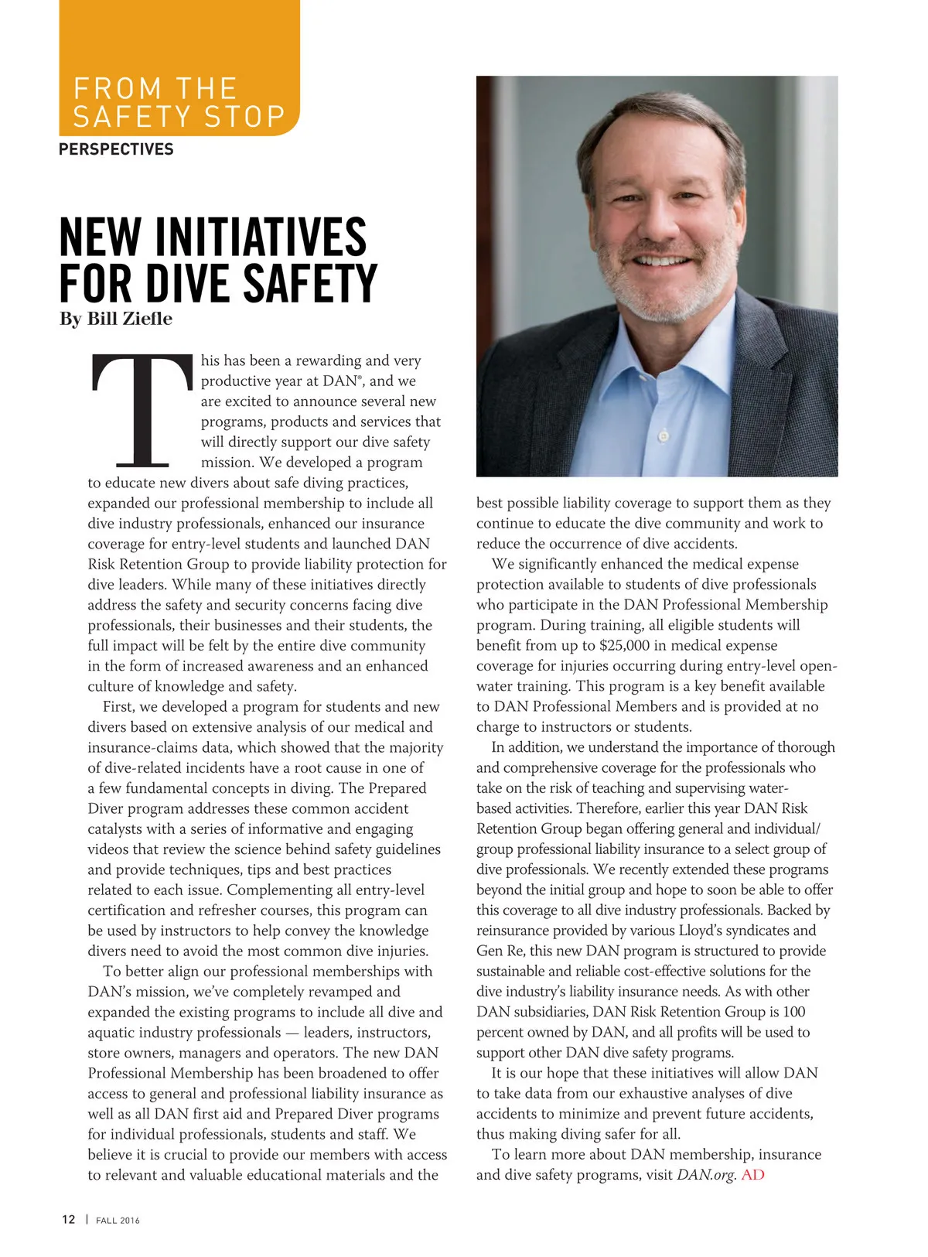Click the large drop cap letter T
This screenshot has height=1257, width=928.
pyautogui.click(x=142, y=411)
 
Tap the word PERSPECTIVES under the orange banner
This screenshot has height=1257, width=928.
pyautogui.click(x=116, y=149)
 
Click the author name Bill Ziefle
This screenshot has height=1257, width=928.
pyautogui.click(x=129, y=319)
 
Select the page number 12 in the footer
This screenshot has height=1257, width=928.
pyautogui.click(x=69, y=1219)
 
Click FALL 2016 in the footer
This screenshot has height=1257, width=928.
pyautogui.click(x=118, y=1220)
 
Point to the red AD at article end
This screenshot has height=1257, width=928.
pyautogui.click(x=752, y=1174)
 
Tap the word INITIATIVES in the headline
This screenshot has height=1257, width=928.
pyautogui.click(x=261, y=237)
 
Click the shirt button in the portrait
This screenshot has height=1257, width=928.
pyautogui.click(x=663, y=436)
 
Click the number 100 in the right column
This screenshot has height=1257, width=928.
pyautogui.click(x=793, y=1012)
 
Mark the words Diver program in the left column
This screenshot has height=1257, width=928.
pyautogui.click(x=146, y=808)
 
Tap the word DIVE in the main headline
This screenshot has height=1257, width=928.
pyautogui.click(x=189, y=284)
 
